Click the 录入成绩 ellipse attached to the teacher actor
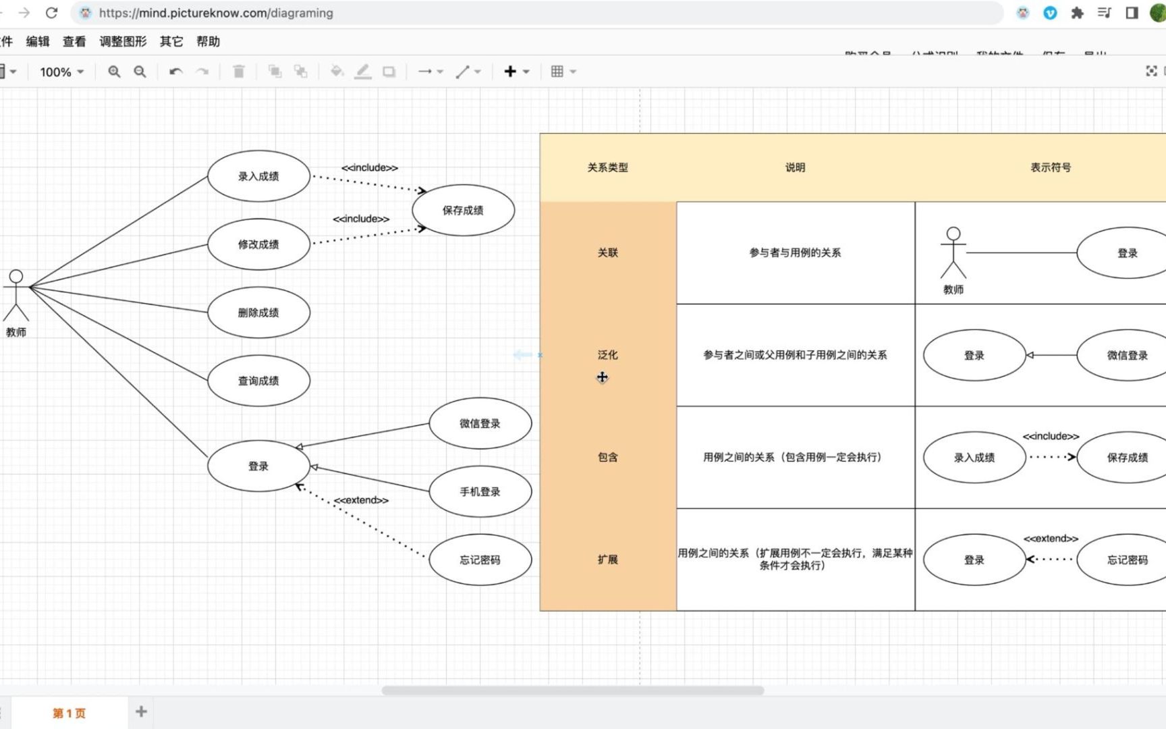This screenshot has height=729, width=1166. click(x=258, y=176)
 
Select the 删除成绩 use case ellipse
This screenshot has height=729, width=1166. click(x=258, y=313)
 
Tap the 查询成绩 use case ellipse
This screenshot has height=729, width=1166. click(x=258, y=381)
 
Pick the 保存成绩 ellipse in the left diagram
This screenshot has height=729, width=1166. click(x=463, y=210)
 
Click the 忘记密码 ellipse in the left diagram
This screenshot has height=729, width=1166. click(x=480, y=560)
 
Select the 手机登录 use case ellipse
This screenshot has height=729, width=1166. click(x=480, y=491)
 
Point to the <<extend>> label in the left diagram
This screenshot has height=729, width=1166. click(x=361, y=500)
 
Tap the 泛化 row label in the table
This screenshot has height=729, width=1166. click(x=607, y=354)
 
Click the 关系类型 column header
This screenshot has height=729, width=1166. click(x=607, y=167)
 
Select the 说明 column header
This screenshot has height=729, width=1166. click(x=795, y=167)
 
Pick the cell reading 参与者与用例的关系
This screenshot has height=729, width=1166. click(x=795, y=252)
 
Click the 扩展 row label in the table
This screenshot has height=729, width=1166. click(x=607, y=559)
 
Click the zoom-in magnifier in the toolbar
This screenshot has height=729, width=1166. click(x=114, y=72)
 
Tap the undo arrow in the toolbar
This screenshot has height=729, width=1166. click(x=175, y=72)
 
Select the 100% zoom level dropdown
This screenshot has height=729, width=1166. click(x=61, y=72)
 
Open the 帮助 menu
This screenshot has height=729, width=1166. click(x=208, y=41)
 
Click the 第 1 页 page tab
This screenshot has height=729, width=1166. click(x=69, y=713)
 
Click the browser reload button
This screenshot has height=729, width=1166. click(x=52, y=13)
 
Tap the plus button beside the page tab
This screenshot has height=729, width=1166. click(x=141, y=711)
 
